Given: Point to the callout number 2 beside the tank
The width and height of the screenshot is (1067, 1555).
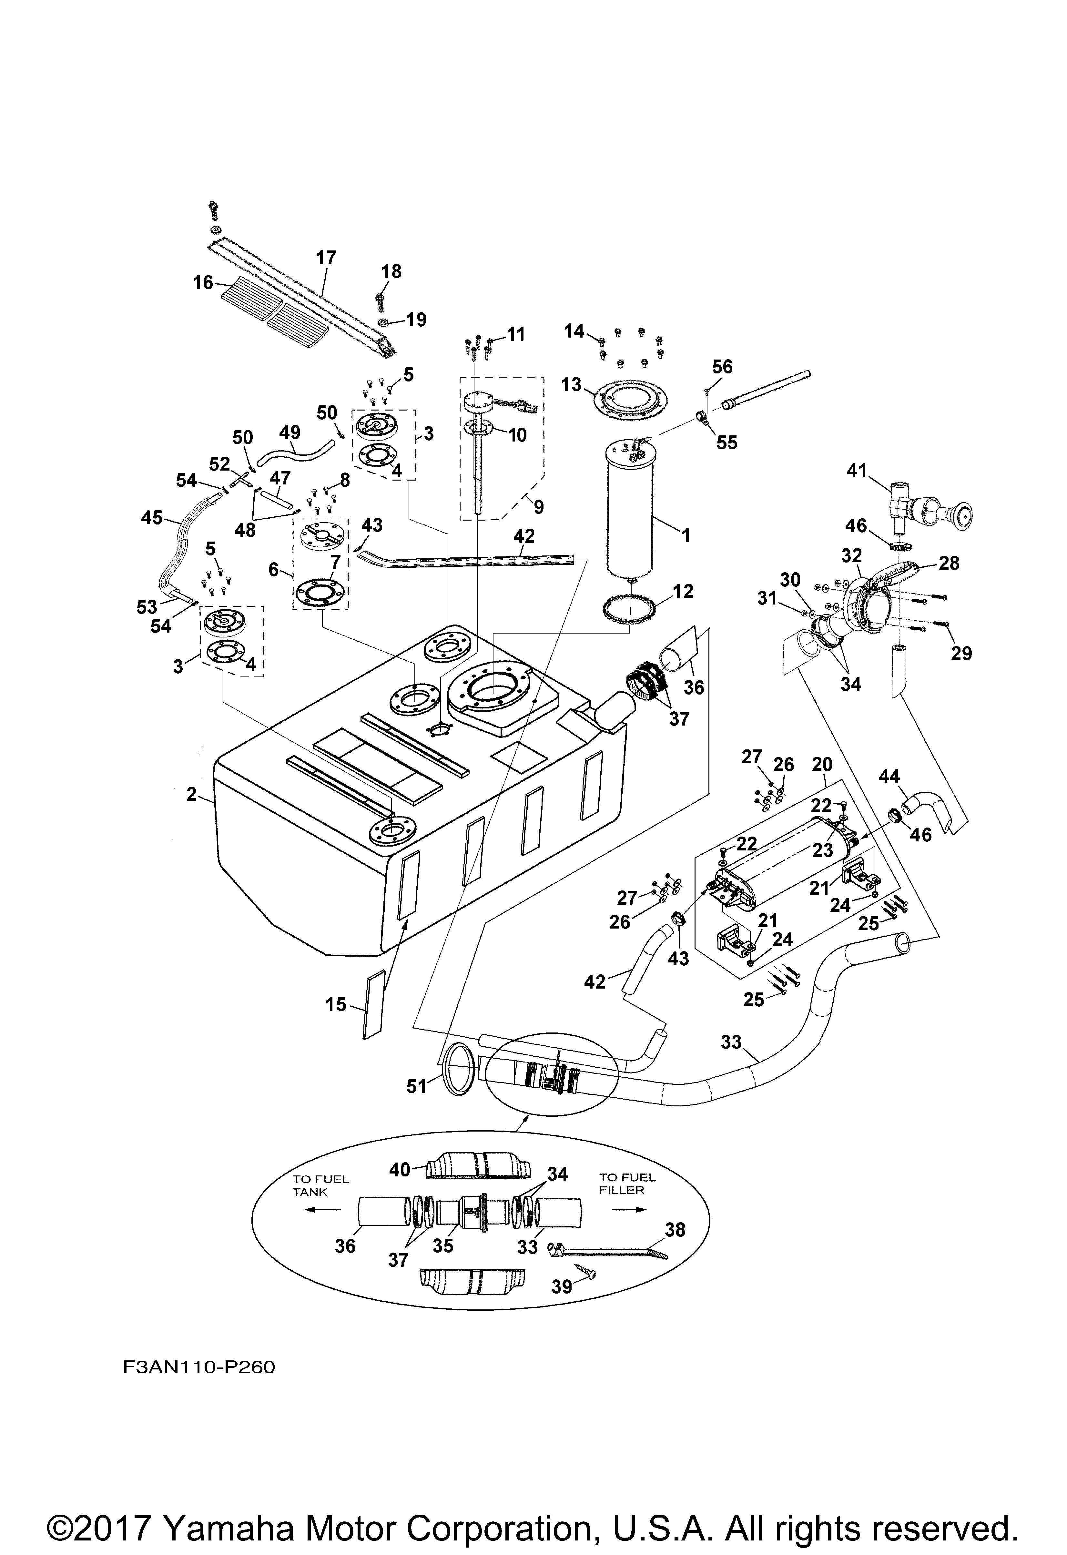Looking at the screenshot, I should [x=192, y=794].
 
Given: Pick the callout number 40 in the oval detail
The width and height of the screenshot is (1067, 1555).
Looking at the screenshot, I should [x=400, y=1170].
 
